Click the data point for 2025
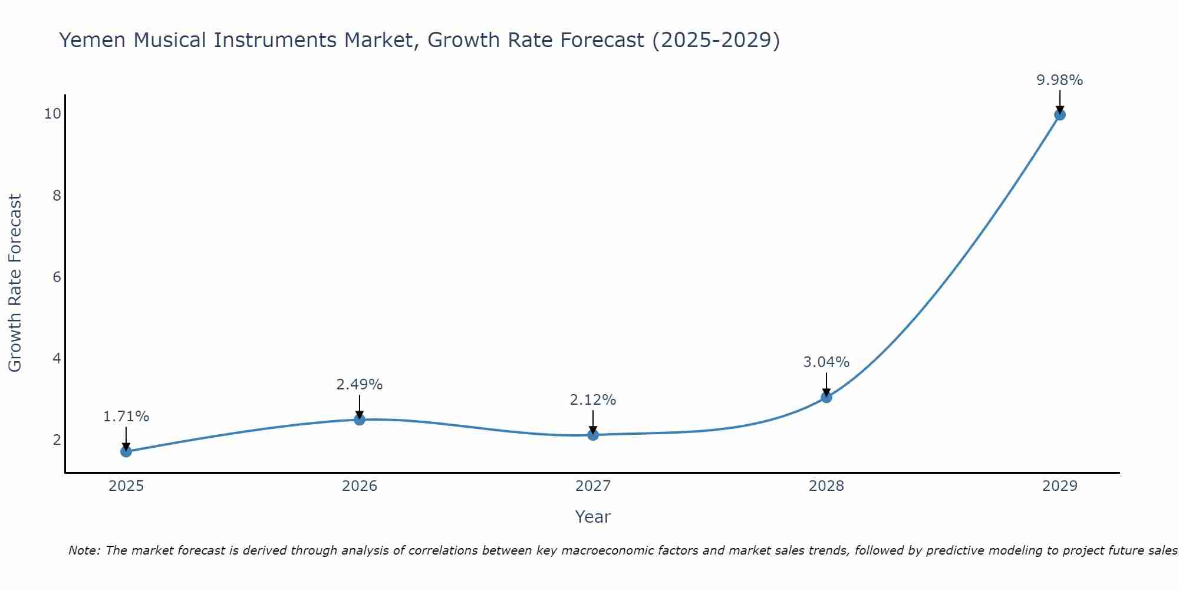126,451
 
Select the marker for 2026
360,419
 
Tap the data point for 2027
593,435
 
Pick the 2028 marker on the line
826,397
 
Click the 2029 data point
1060,114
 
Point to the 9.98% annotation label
1060,80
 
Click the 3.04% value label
826,362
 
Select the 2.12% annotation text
593,400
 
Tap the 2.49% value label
360,385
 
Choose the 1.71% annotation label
126,417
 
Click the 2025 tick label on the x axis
126,486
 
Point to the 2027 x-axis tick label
593,486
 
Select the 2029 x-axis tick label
1060,486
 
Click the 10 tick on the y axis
52,114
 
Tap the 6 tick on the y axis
57,277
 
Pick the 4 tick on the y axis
57,358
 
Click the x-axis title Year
593,517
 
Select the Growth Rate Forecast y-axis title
15,283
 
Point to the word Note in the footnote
84,550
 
